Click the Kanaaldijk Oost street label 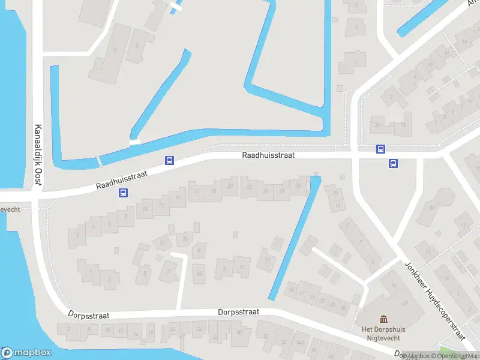click(37, 155)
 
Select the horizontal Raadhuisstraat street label click(268, 155)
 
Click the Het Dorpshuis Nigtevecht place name click(384, 334)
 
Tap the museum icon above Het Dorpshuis click(384, 319)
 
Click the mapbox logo click(26, 353)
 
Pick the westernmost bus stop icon click(124, 193)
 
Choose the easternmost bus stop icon click(394, 163)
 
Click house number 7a click(161, 242)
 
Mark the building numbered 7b click(185, 240)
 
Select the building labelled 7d click(199, 274)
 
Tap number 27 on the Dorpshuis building click(405, 303)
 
